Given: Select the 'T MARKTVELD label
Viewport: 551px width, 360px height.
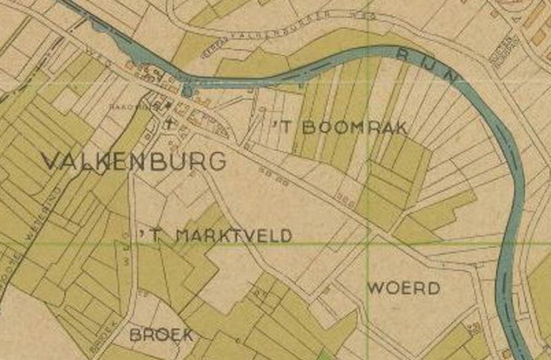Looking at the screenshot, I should click(216, 235).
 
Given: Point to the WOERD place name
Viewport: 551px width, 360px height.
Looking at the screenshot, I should click(404, 288).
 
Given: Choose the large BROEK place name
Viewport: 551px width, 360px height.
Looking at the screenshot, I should click(161, 335).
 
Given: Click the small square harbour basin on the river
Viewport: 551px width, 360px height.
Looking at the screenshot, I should click(187, 90).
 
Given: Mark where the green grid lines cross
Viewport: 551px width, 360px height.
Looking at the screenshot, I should click(370, 244).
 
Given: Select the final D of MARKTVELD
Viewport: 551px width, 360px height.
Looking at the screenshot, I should click(285, 235).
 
